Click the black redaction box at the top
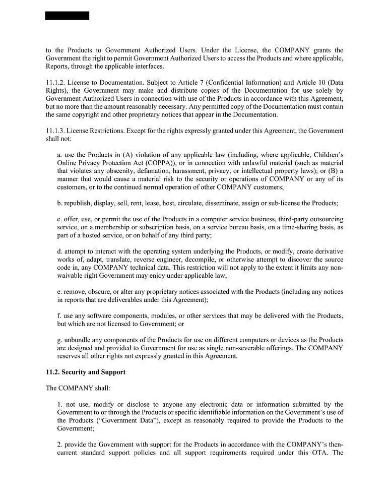67,16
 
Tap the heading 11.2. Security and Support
86,372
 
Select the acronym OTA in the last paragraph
311,453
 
